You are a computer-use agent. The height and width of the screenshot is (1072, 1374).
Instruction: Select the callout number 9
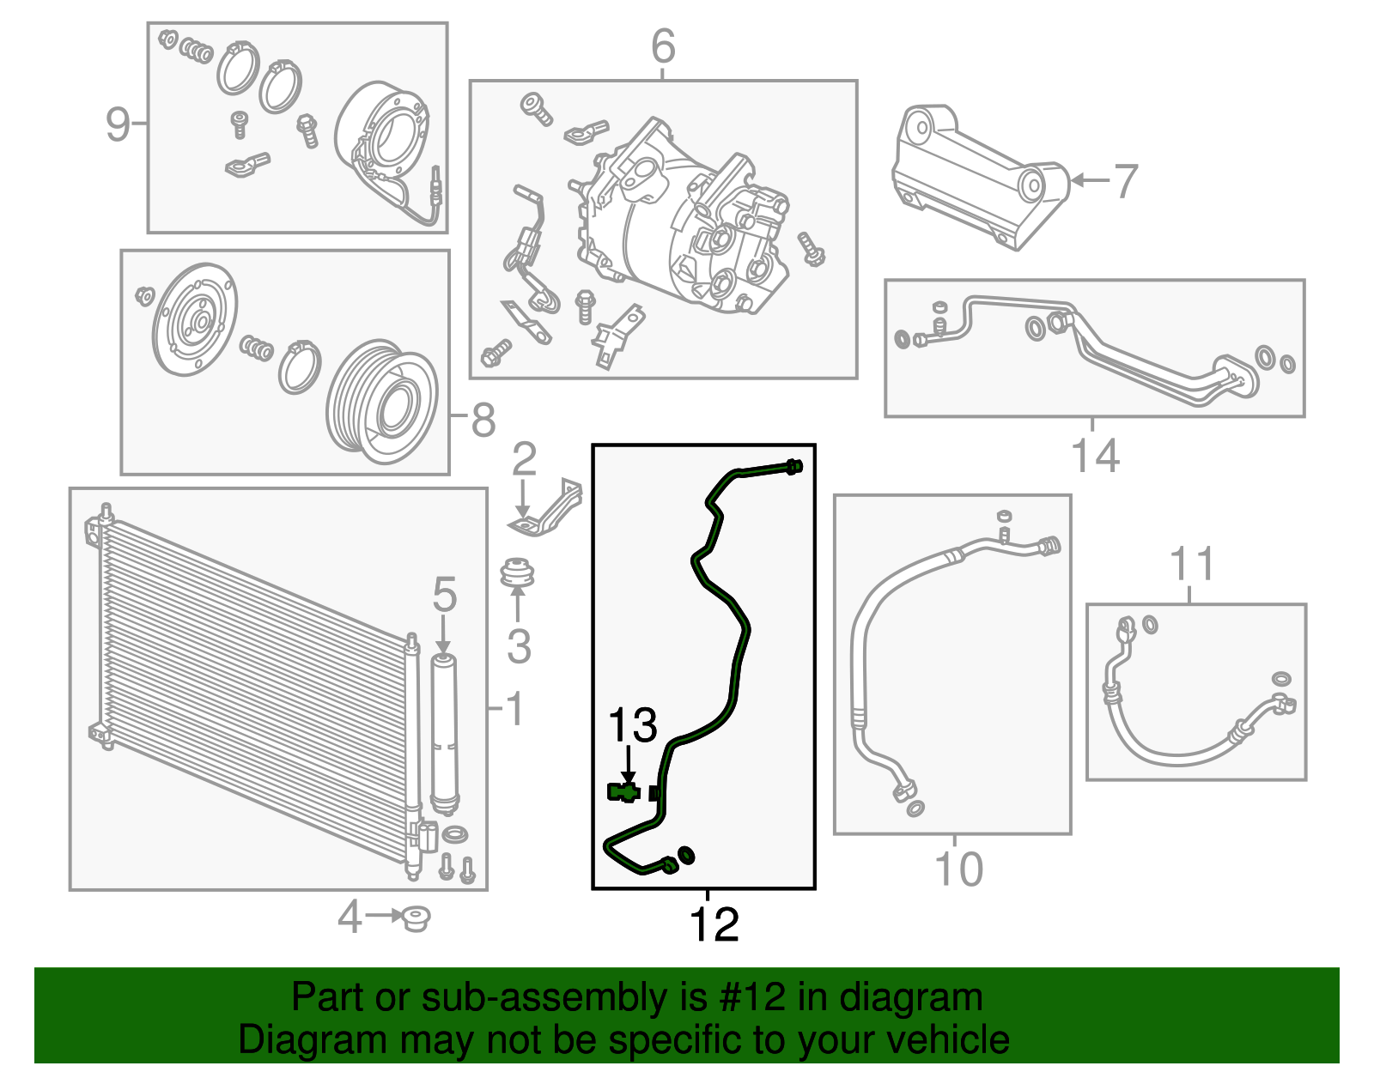point(117,124)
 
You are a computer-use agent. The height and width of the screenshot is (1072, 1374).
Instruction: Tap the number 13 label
point(632,726)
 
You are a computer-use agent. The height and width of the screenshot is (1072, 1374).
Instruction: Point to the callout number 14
point(1095,456)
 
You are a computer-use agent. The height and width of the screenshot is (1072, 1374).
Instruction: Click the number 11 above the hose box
point(1192,565)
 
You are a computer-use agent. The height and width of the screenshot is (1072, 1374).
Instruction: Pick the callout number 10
point(958,869)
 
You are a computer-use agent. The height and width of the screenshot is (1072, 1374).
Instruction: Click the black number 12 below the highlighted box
point(714,924)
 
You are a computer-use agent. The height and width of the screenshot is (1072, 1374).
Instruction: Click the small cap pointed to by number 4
point(416,918)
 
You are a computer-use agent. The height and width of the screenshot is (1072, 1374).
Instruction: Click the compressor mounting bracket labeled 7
point(979,176)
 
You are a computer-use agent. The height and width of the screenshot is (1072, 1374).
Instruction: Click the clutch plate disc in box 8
point(195,319)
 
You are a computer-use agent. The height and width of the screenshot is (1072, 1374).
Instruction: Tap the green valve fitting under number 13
point(623,792)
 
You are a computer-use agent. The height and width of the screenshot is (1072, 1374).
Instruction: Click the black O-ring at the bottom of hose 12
point(686,855)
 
